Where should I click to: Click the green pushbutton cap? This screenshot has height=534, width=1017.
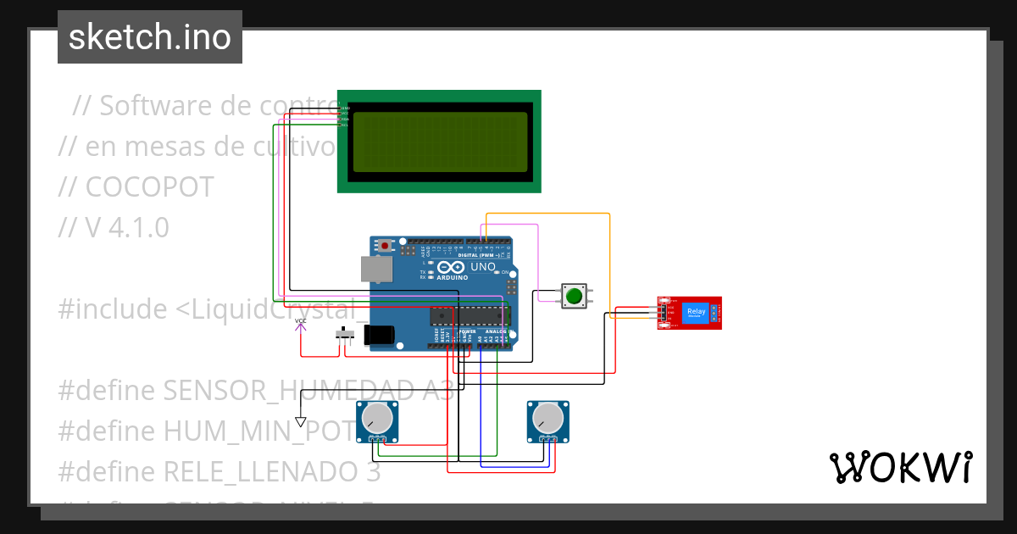[x=574, y=296]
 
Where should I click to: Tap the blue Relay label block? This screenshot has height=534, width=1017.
[x=696, y=312]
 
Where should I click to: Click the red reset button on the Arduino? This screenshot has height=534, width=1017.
[x=385, y=246]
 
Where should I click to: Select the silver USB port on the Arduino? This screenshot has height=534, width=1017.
[x=376, y=269]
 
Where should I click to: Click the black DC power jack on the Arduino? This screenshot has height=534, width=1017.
[x=379, y=335]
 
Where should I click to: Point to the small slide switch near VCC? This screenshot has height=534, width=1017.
[x=344, y=334]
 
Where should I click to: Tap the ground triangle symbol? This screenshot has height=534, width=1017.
[x=300, y=421]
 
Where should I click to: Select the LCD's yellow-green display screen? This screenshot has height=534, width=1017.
[x=438, y=142]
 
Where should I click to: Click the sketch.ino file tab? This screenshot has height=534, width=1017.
[x=150, y=37]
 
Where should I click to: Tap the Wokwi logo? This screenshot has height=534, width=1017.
[x=900, y=467]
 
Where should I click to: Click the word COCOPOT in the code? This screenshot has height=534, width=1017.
[x=149, y=187]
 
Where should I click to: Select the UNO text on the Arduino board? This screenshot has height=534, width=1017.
[x=482, y=267]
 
